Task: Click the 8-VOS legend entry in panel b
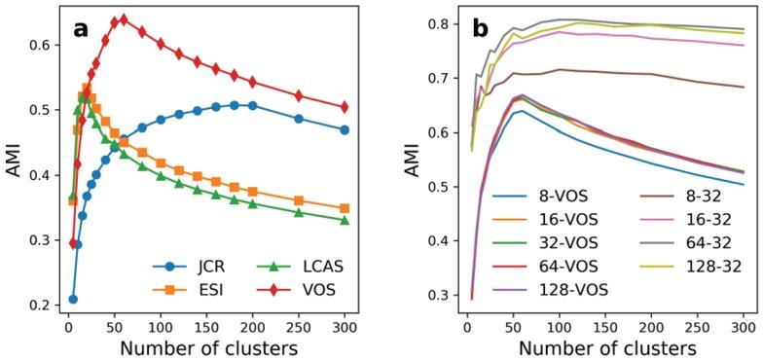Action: pos(552,194)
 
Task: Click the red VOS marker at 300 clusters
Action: pos(345,107)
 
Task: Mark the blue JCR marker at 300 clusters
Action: pos(345,129)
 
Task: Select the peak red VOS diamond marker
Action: pos(123,18)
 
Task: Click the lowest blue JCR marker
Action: pos(73,299)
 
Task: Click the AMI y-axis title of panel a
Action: pos(13,162)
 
